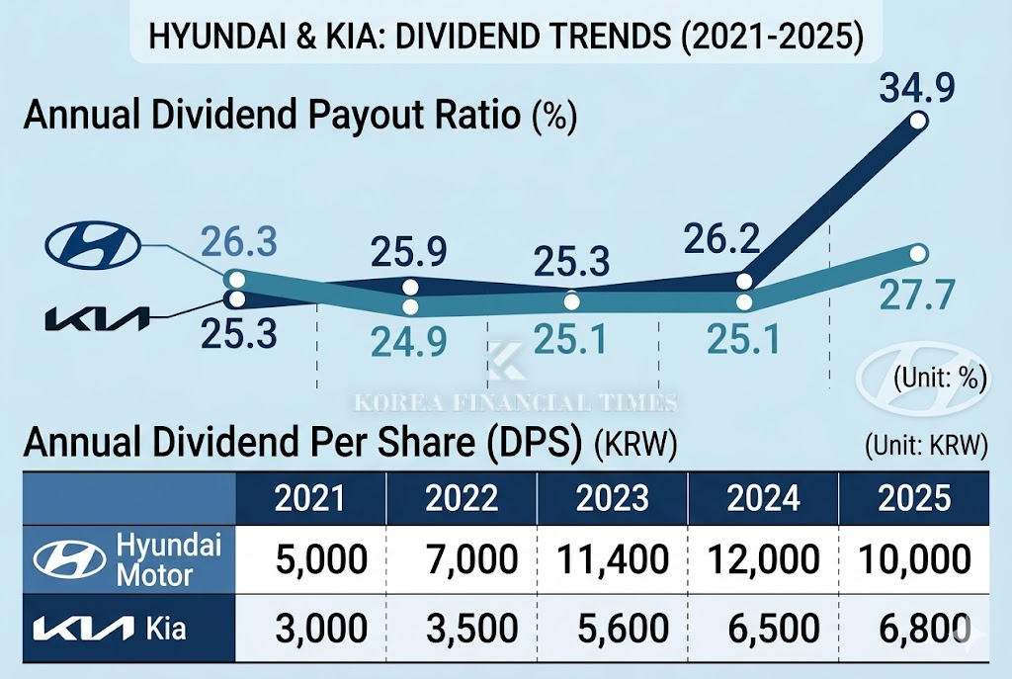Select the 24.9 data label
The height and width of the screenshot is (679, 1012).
click(x=409, y=342)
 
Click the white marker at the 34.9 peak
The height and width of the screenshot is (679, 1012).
click(x=917, y=122)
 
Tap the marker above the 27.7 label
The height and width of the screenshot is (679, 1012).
click(x=917, y=254)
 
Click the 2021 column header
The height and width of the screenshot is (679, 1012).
click(x=310, y=498)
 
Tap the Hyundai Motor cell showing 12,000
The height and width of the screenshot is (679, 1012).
click(x=762, y=559)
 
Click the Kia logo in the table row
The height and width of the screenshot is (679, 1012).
click(x=83, y=628)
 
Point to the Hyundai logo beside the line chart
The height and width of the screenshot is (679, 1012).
click(x=95, y=243)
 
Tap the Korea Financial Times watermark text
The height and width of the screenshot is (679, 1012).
click(x=515, y=402)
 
